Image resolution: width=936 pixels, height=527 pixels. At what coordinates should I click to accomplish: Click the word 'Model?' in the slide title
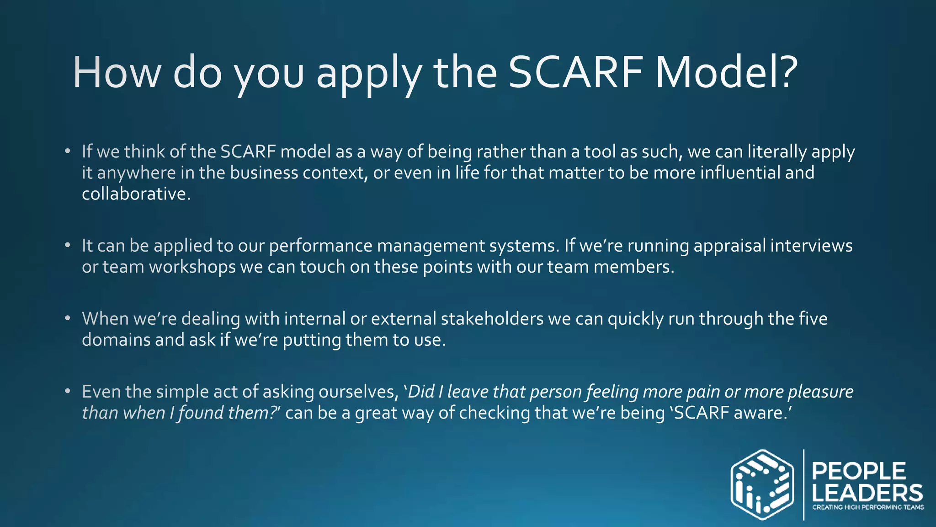point(727,72)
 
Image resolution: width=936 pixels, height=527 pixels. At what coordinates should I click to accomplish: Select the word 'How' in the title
point(117,72)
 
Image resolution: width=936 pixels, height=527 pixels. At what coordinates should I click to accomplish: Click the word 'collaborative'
point(134,194)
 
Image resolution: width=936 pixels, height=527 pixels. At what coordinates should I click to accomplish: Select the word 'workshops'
point(192,267)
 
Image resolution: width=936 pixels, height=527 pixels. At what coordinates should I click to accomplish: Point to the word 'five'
point(813,319)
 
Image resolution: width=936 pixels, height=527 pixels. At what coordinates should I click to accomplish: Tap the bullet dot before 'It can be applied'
point(68,246)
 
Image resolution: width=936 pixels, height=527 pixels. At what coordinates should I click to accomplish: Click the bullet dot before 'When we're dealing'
point(68,318)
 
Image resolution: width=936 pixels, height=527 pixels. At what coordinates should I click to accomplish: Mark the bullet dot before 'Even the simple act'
point(68,392)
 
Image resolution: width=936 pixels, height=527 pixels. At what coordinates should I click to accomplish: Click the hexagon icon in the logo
point(762,484)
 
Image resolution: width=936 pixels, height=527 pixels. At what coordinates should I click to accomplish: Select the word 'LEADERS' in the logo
point(867,493)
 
